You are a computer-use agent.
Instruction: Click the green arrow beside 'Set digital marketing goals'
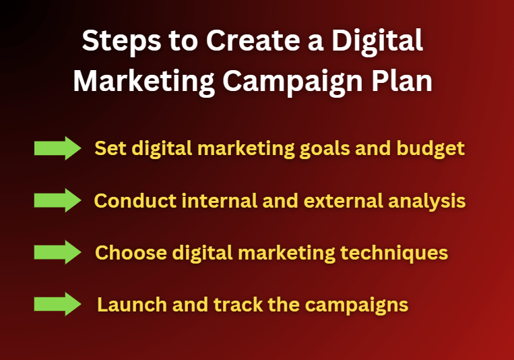[57, 148]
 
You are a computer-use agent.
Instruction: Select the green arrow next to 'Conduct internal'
[57, 200]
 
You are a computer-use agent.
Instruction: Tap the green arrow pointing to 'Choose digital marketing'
[57, 252]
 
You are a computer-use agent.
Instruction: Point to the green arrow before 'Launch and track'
[57, 304]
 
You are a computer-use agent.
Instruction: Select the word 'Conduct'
[129, 200]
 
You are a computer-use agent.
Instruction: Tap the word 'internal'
[207, 200]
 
